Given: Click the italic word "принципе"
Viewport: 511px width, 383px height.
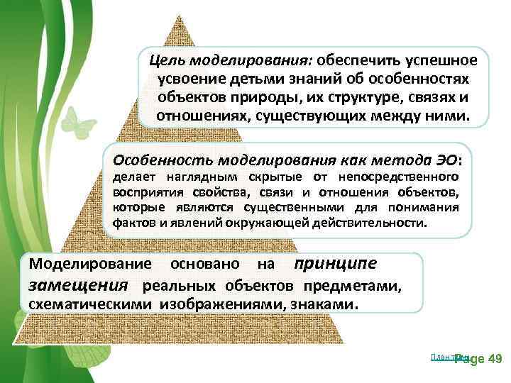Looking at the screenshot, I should (336, 264).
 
